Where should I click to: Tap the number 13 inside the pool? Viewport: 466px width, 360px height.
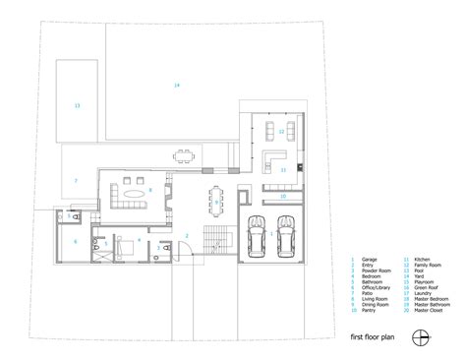tap(77, 104)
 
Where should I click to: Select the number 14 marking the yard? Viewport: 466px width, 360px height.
tap(176, 88)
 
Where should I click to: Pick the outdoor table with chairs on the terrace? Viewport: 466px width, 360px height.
tap(182, 154)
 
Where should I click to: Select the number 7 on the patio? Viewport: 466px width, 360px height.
tap(75, 180)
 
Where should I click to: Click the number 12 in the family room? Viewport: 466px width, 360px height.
tap(280, 131)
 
